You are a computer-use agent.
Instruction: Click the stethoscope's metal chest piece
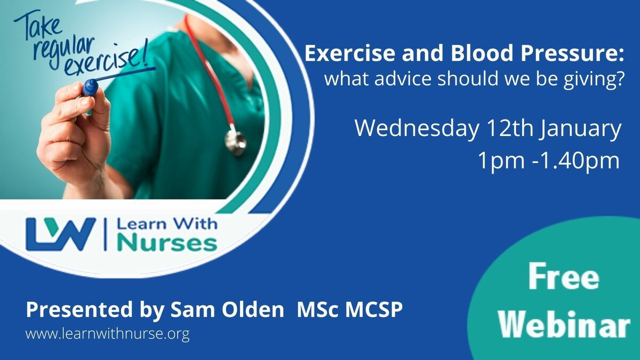pos(235,141)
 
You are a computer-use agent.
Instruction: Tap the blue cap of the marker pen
pos(90,86)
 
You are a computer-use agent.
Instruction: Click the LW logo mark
pos(61,234)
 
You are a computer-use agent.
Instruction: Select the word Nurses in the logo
pos(167,243)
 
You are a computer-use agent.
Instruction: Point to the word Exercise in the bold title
pos(350,53)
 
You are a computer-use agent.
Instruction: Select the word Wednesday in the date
pos(416,129)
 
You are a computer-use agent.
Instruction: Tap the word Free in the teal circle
pos(564,277)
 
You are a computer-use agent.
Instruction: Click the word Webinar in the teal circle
pos(564,325)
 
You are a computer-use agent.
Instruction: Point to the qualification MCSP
pos(374,309)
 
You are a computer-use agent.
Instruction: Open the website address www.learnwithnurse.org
pos(107,334)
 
